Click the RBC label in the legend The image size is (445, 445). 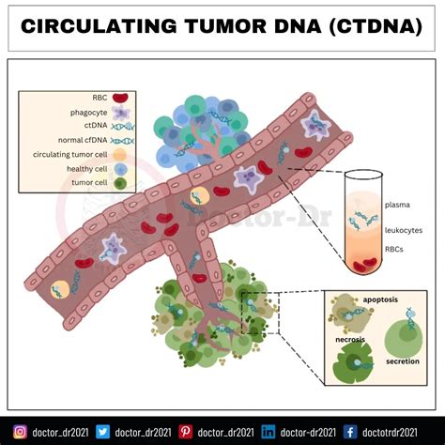tap(98, 97)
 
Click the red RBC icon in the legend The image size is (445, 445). tap(121, 97)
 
